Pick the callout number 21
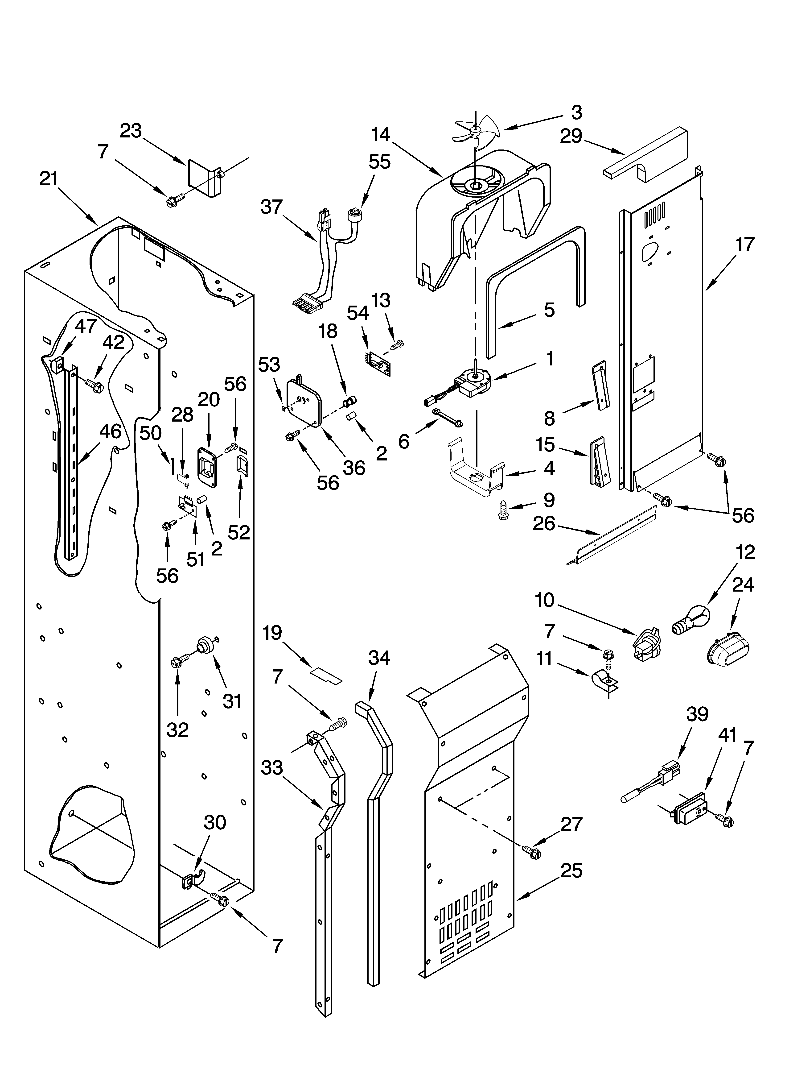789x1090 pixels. coord(49,179)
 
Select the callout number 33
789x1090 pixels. coord(272,767)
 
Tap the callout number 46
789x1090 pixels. coord(110,431)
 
